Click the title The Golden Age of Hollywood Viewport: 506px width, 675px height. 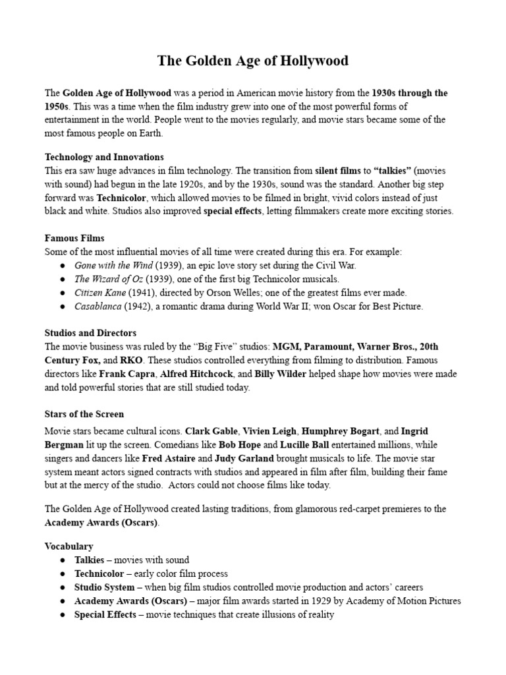pos(253,61)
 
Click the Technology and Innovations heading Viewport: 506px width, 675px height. pos(104,157)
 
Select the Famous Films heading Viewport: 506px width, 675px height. pos(74,237)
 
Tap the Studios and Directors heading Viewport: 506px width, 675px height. pos(90,333)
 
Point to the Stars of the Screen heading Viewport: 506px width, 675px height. pos(84,414)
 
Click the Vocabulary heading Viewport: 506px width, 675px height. pos(69,546)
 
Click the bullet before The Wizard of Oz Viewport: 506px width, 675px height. pos(61,279)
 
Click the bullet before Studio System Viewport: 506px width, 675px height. pos(61,587)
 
